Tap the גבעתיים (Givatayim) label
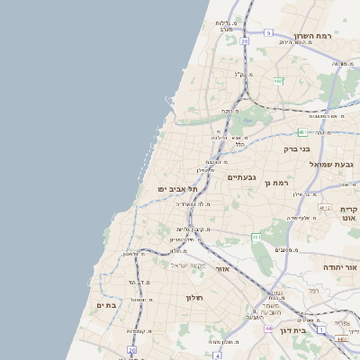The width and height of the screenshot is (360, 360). (x=241, y=177)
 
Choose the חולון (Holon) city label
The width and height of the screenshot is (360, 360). (x=194, y=297)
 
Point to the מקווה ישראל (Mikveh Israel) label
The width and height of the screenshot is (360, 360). (x=188, y=265)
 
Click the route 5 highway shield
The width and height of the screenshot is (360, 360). (x=268, y=33)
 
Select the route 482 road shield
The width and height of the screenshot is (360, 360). (x=278, y=81)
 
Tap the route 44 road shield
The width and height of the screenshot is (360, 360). (x=268, y=328)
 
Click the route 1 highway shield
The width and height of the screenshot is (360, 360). (x=321, y=331)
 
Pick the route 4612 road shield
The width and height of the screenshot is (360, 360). (x=324, y=207)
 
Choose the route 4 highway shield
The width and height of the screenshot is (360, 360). (x=218, y=355)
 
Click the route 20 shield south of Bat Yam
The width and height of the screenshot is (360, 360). (x=131, y=349)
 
